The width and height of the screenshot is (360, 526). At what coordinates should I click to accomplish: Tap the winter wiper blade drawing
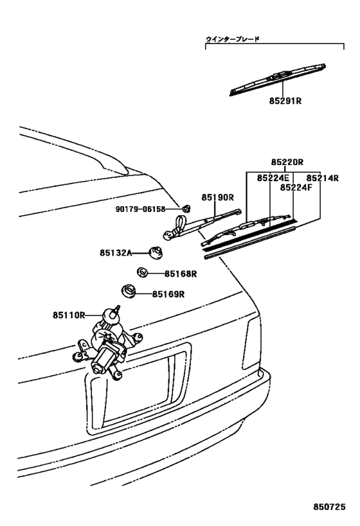pos(277,80)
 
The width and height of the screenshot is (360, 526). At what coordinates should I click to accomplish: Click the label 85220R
pos(287,164)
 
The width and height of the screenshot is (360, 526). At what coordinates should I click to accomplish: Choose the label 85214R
pos(321,178)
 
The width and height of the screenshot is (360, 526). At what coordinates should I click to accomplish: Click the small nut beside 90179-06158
pos(185,209)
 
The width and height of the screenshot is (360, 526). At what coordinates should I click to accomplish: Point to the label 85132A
pos(115,254)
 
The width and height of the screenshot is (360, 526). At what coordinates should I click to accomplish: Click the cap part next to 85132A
pos(154,252)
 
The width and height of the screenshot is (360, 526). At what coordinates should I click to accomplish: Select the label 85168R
pos(180,274)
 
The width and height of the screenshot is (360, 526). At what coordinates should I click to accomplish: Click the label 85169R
pos(168,295)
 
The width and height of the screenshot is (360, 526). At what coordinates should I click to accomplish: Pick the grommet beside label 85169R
pos(127,292)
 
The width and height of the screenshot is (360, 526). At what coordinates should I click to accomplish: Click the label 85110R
pos(69,315)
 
